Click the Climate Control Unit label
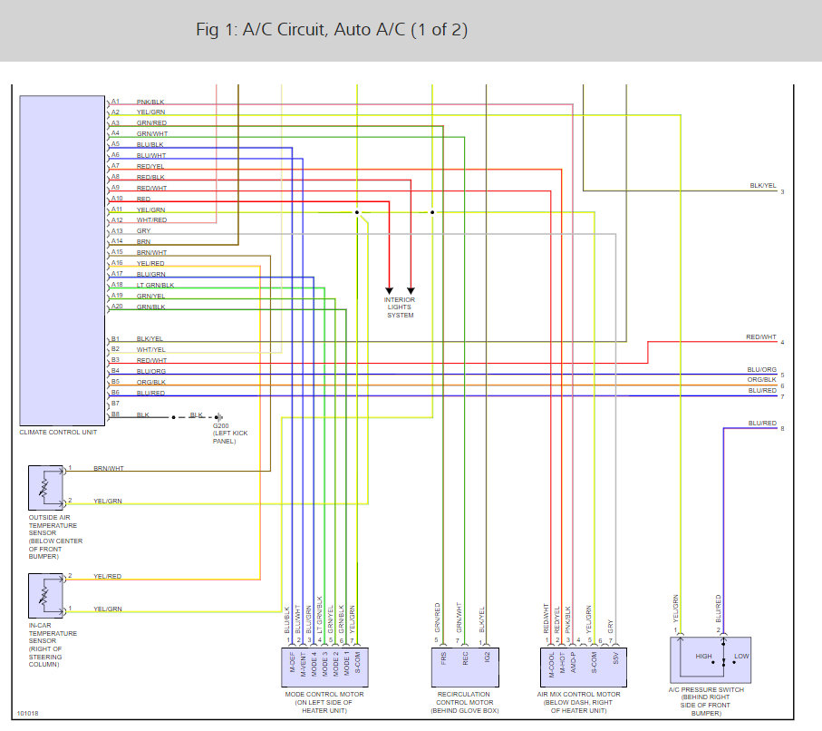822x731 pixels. (x=58, y=432)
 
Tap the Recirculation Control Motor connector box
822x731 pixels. (x=463, y=665)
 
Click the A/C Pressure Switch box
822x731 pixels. (x=723, y=658)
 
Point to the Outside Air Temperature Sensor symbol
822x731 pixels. (x=44, y=489)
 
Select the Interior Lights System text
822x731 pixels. (x=400, y=307)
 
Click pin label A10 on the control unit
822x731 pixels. (x=116, y=199)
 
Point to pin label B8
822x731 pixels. (x=115, y=414)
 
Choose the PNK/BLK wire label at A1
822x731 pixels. (x=150, y=102)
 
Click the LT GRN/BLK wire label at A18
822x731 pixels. (x=154, y=285)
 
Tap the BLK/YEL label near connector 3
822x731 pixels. (x=762, y=185)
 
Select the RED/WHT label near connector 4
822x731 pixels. (x=761, y=337)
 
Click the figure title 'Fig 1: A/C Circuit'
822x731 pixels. (x=332, y=30)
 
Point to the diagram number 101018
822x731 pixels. (x=28, y=713)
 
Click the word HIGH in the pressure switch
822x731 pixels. (x=704, y=656)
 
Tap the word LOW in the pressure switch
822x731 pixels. (x=741, y=656)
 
